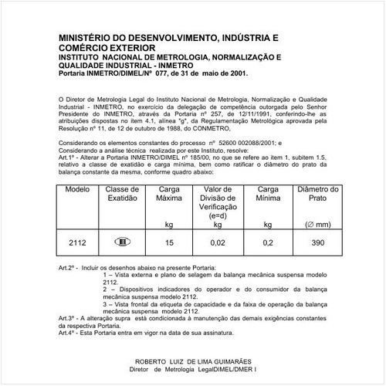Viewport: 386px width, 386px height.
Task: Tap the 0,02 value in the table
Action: coord(218,242)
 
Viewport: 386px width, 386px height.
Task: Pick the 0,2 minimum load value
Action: coord(267,242)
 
